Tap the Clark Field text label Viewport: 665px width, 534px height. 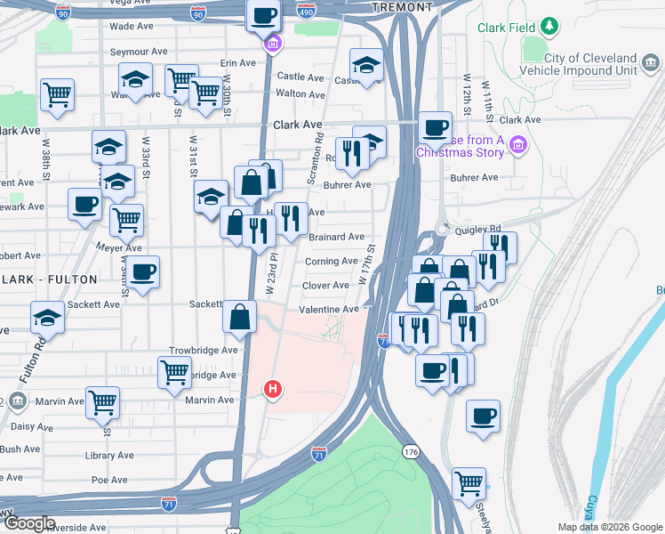506,28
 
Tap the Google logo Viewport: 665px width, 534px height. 28,523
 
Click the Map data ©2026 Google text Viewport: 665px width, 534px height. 609,527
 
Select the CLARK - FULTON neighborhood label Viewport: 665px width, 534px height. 49,279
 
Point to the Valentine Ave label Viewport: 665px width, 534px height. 328,309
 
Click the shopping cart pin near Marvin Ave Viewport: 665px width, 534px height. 103,402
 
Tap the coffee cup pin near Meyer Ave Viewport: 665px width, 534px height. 142,272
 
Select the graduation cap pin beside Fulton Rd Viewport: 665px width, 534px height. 47,318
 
